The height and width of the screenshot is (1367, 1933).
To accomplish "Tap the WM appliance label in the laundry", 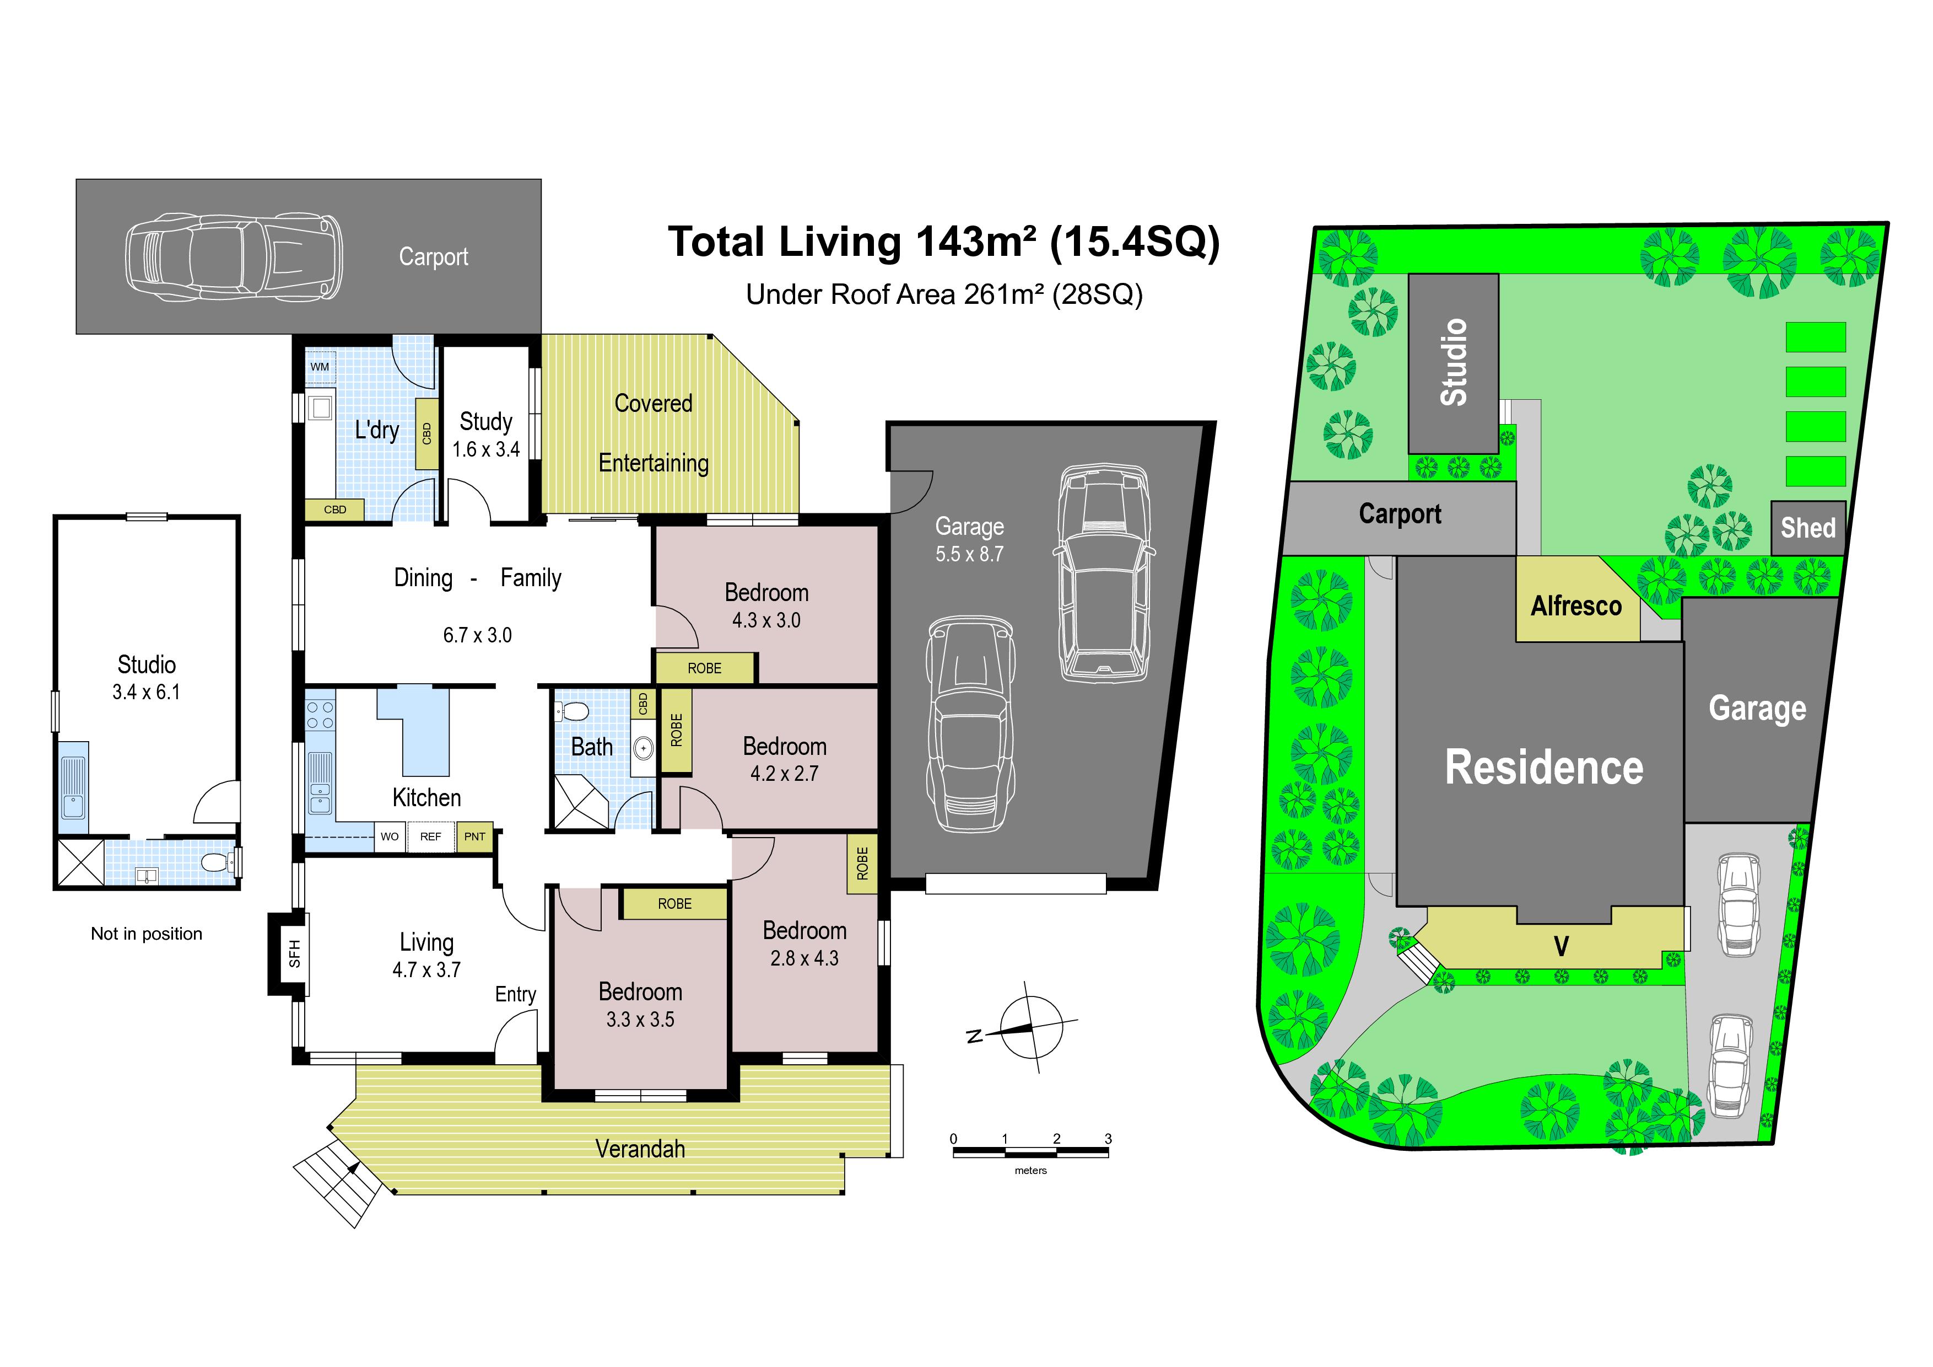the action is tap(320, 367).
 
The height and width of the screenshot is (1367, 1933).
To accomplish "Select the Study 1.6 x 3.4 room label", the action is tap(486, 435).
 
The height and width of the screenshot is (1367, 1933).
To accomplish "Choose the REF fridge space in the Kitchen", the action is tap(430, 837).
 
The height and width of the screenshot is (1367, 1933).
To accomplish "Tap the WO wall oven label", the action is tap(390, 837).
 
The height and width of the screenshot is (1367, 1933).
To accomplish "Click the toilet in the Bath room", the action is tap(573, 712).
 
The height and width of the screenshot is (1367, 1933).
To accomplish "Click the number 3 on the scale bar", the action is tap(1108, 1139).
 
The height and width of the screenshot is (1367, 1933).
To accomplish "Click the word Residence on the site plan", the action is tap(1544, 767).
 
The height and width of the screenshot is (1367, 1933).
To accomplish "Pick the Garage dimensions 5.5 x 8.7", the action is tap(969, 554).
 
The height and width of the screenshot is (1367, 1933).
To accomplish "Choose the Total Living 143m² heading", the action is tap(944, 242).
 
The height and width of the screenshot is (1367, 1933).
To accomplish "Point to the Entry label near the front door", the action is tap(515, 995).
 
